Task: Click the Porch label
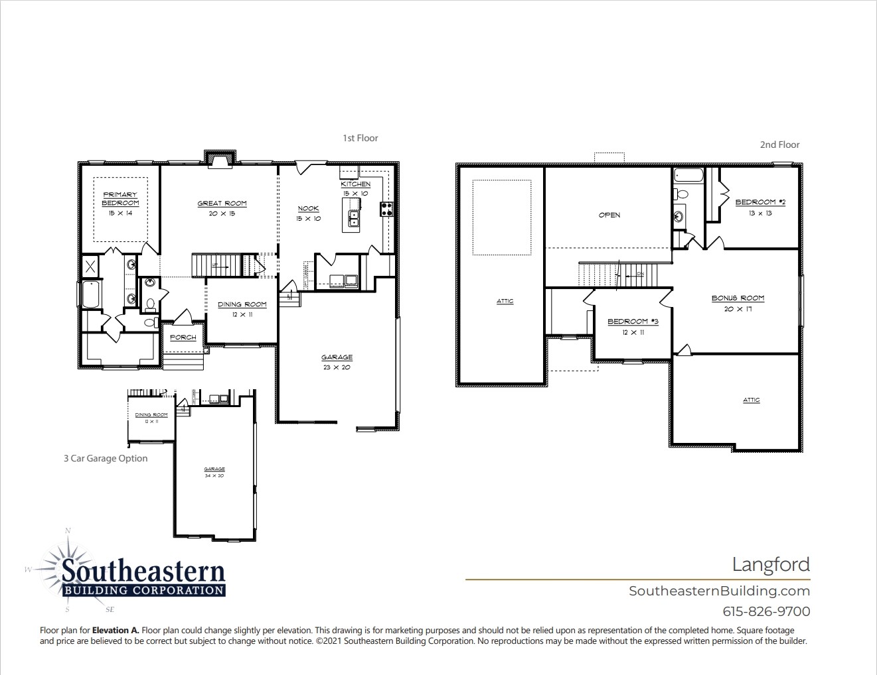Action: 183,337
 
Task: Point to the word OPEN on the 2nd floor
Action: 609,215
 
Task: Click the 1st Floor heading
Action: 360,138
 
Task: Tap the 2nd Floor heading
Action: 779,145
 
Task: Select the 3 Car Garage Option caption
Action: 106,458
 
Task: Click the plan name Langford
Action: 771,564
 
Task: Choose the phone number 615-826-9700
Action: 766,611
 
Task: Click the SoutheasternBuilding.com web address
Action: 719,591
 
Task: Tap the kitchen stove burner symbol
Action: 386,210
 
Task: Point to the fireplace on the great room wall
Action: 218,160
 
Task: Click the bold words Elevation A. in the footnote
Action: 116,631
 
